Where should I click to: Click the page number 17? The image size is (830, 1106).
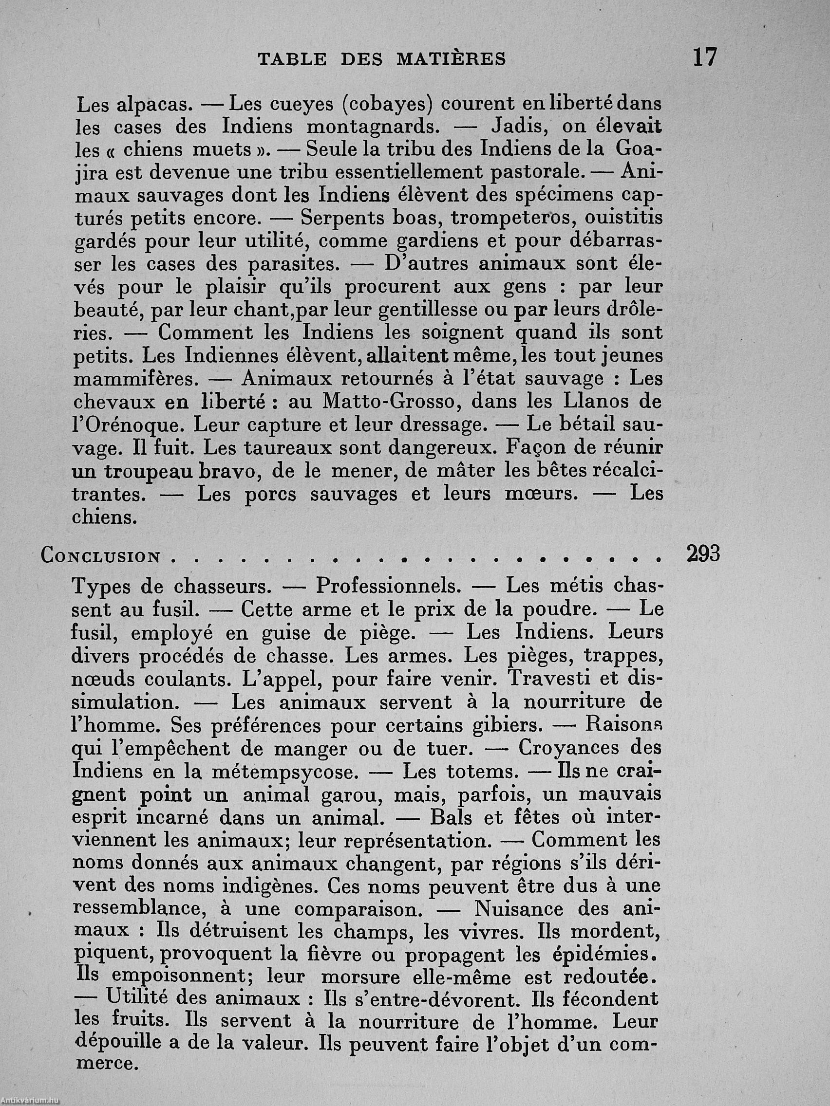705,57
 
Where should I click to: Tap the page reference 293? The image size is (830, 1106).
702,554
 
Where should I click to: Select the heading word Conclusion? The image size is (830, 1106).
100,556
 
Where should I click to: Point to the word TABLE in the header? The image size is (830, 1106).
292,60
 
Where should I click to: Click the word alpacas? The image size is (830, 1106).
154,105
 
